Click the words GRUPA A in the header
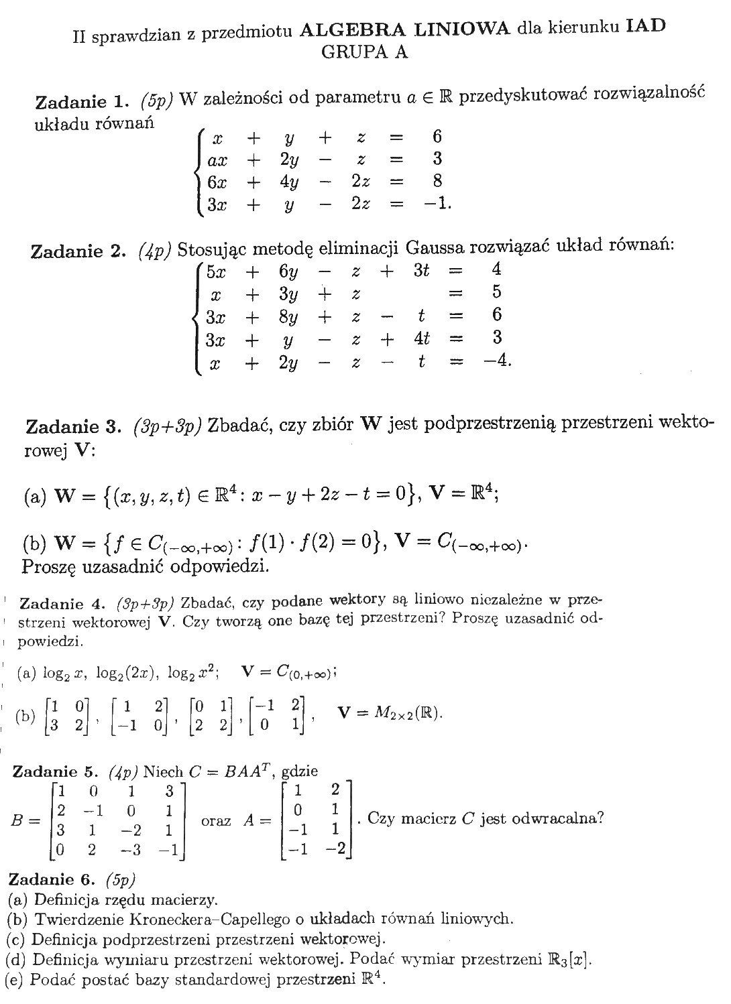365,52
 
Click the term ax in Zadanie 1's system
217,160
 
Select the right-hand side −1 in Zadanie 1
437,203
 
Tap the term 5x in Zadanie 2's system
216,271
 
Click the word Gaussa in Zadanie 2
436,249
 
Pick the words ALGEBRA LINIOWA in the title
405,28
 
